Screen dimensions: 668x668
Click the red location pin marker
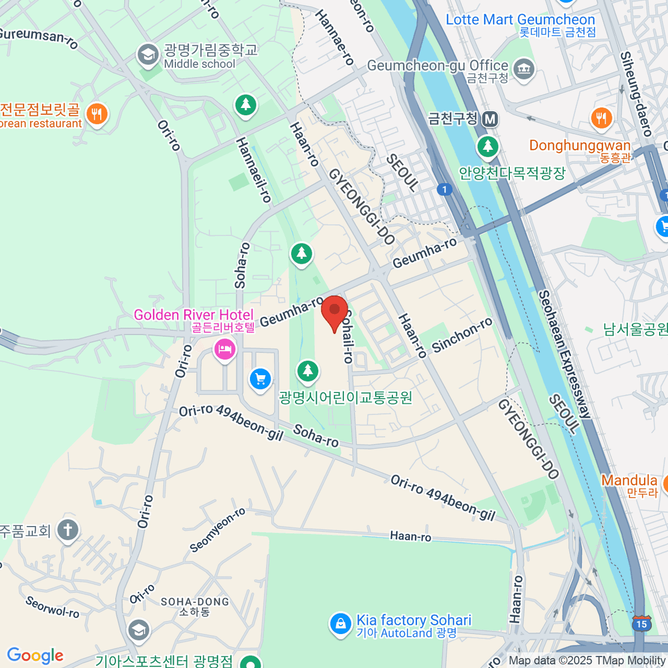(335, 310)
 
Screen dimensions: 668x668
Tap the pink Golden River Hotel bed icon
(225, 350)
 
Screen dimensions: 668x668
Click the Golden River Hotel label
(194, 315)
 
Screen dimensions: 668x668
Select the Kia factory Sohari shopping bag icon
(340, 623)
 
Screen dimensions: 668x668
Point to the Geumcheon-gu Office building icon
(524, 69)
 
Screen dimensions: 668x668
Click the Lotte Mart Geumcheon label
(520, 20)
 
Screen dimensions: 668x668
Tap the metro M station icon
(490, 119)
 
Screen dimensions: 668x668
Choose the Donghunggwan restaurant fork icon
(601, 118)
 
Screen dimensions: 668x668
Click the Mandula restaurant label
(629, 480)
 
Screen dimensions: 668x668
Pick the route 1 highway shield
(444, 190)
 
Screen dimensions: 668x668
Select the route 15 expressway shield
(641, 624)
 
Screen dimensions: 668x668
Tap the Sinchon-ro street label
(462, 335)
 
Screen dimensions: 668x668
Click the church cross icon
(68, 529)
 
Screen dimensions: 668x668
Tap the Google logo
(35, 656)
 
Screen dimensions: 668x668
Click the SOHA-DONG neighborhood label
(195, 602)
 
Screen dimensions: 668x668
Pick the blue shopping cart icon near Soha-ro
(260, 380)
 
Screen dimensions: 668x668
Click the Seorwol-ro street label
(53, 607)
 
